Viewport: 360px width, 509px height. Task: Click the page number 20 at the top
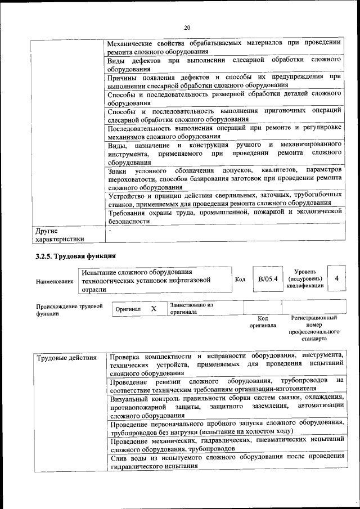pos(187,28)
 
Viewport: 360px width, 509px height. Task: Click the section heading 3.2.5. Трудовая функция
pos(73,256)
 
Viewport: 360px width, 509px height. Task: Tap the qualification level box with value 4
pos(336,278)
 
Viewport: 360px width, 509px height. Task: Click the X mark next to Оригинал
pos(153,309)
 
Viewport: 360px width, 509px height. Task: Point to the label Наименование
pos(55,281)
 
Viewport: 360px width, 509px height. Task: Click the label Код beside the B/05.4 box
pos(240,280)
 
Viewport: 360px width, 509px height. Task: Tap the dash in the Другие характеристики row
pos(111,231)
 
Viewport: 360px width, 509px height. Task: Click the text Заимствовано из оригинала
pos(191,308)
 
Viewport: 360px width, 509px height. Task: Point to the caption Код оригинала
pos(262,321)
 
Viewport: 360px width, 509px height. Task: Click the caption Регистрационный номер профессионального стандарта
pos(313,328)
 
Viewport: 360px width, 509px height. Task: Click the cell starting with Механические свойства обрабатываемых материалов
pos(224,46)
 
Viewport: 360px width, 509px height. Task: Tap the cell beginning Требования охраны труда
pos(224,216)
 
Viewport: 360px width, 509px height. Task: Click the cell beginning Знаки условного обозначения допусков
pos(224,178)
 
